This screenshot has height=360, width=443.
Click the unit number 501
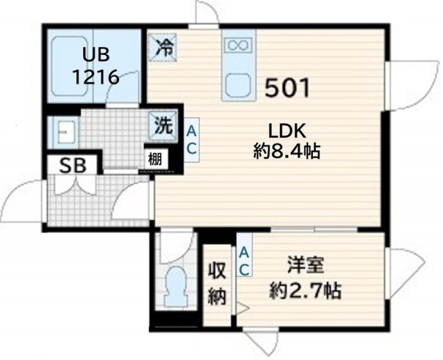tap(287, 88)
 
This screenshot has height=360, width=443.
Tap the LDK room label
tap(287, 131)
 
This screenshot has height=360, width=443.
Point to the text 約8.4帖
tap(287, 152)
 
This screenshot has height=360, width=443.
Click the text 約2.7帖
tap(305, 291)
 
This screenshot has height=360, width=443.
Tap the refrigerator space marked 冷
tap(163, 47)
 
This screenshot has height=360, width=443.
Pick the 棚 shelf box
tap(156, 160)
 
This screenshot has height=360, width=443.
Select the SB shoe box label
tap(73, 165)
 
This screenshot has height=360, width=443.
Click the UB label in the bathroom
tap(96, 55)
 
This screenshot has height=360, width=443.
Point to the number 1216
tap(96, 77)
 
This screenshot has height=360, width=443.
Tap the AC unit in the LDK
tap(192, 140)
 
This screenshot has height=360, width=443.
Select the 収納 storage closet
tap(217, 285)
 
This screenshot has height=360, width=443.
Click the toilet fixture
tap(177, 286)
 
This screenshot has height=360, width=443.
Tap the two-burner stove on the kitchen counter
tap(239, 44)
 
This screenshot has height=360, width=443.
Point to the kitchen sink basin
tap(238, 84)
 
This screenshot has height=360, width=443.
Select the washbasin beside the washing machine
tap(64, 132)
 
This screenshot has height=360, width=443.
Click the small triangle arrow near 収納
tap(242, 308)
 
